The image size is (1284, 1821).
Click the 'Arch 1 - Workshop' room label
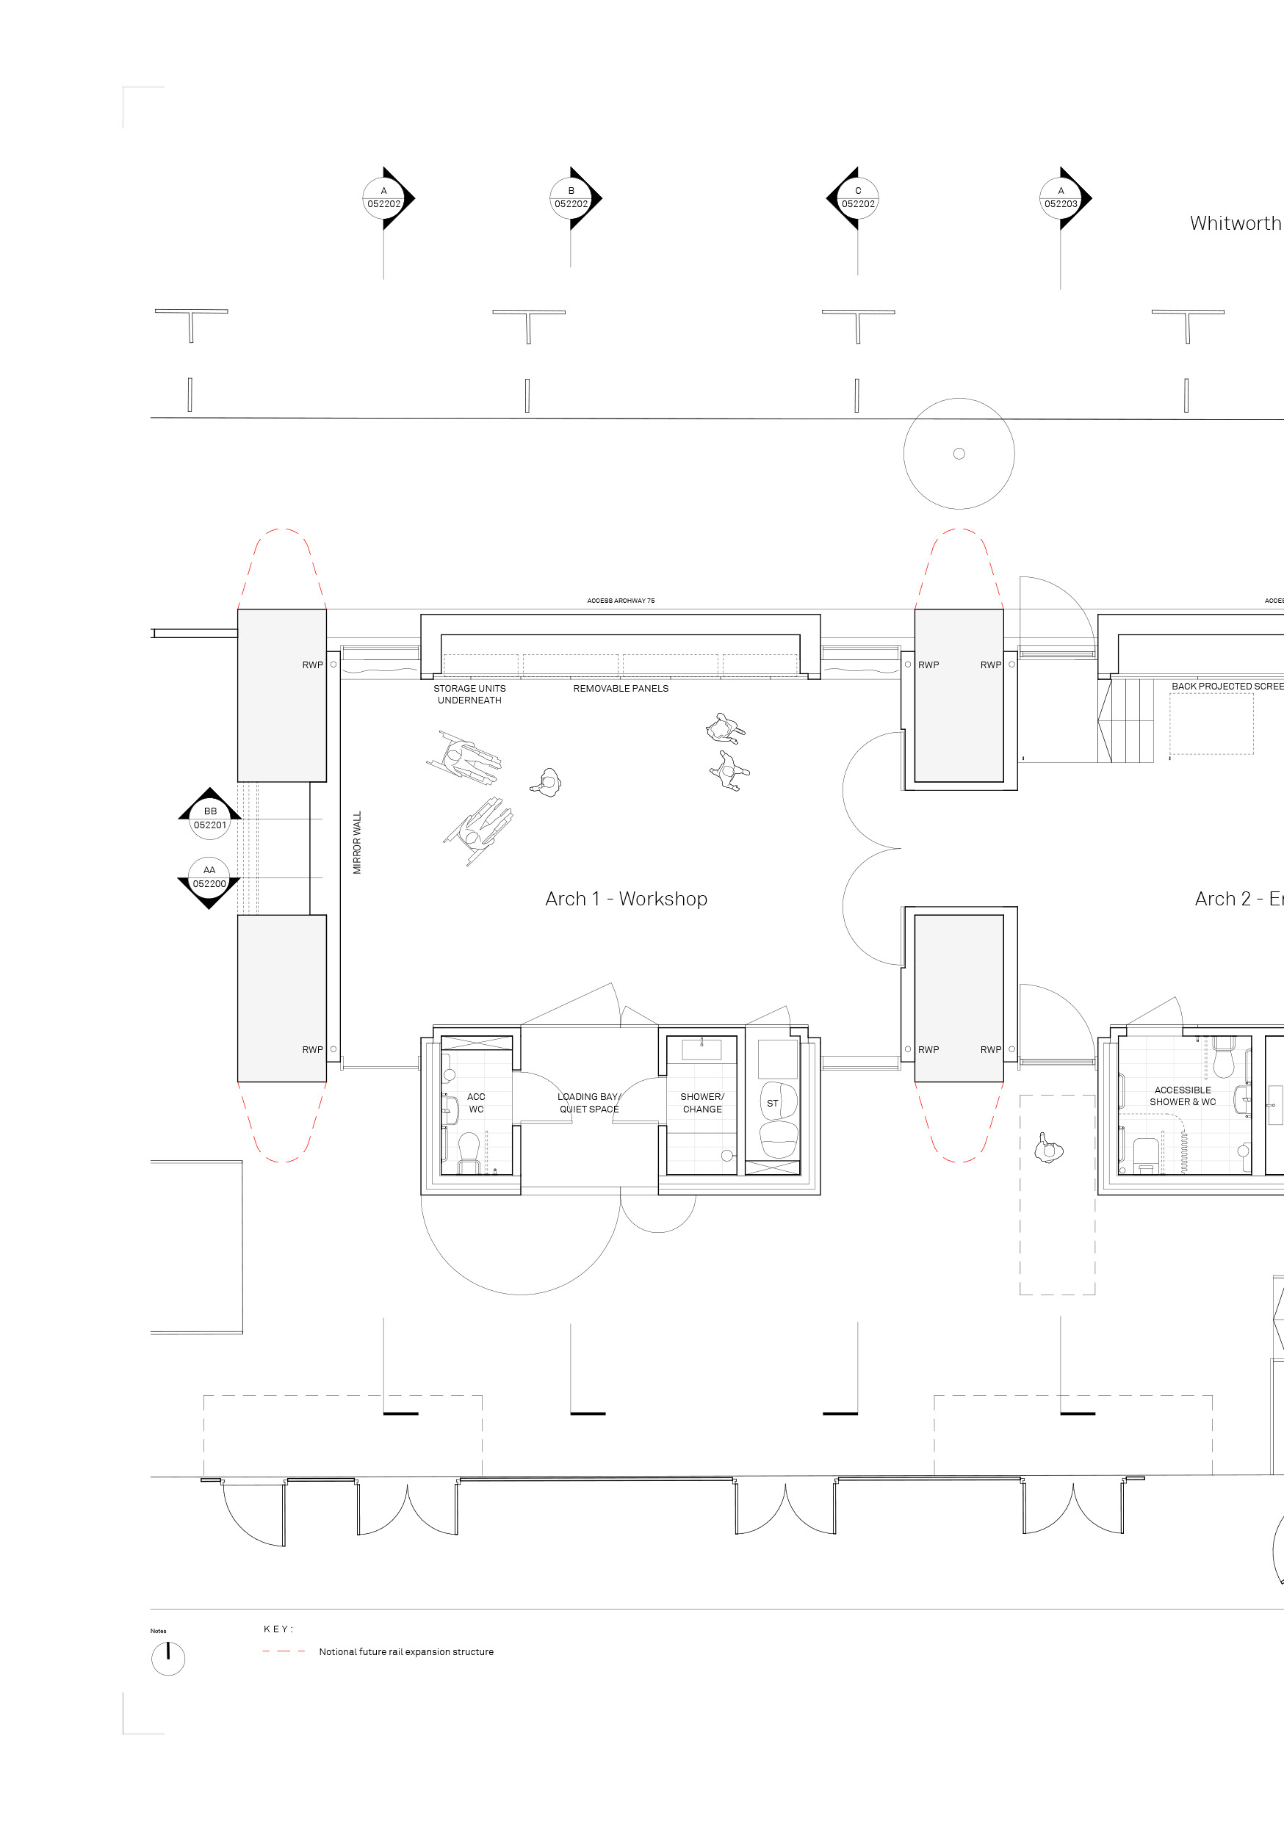point(625,899)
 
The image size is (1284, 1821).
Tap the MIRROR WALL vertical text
point(357,842)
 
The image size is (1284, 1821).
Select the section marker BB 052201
point(210,818)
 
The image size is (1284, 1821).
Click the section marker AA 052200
point(209,877)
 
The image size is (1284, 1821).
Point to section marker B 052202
point(571,198)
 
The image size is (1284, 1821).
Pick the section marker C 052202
point(858,198)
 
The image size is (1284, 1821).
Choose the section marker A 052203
point(1061,198)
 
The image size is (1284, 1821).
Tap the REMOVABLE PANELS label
point(621,689)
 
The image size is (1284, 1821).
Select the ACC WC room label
point(476,1102)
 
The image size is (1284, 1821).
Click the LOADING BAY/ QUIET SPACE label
point(589,1102)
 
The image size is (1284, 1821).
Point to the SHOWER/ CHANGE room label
point(702,1102)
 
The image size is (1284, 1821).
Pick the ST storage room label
point(772,1103)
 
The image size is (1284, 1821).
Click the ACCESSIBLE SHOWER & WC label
point(1183,1096)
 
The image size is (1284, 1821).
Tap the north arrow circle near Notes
point(168,1659)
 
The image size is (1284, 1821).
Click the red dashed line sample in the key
point(284,1651)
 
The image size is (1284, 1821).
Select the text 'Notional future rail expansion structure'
point(406,1652)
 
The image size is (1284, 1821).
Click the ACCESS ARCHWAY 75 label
point(621,601)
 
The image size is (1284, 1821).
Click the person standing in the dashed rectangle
point(1048,1148)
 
